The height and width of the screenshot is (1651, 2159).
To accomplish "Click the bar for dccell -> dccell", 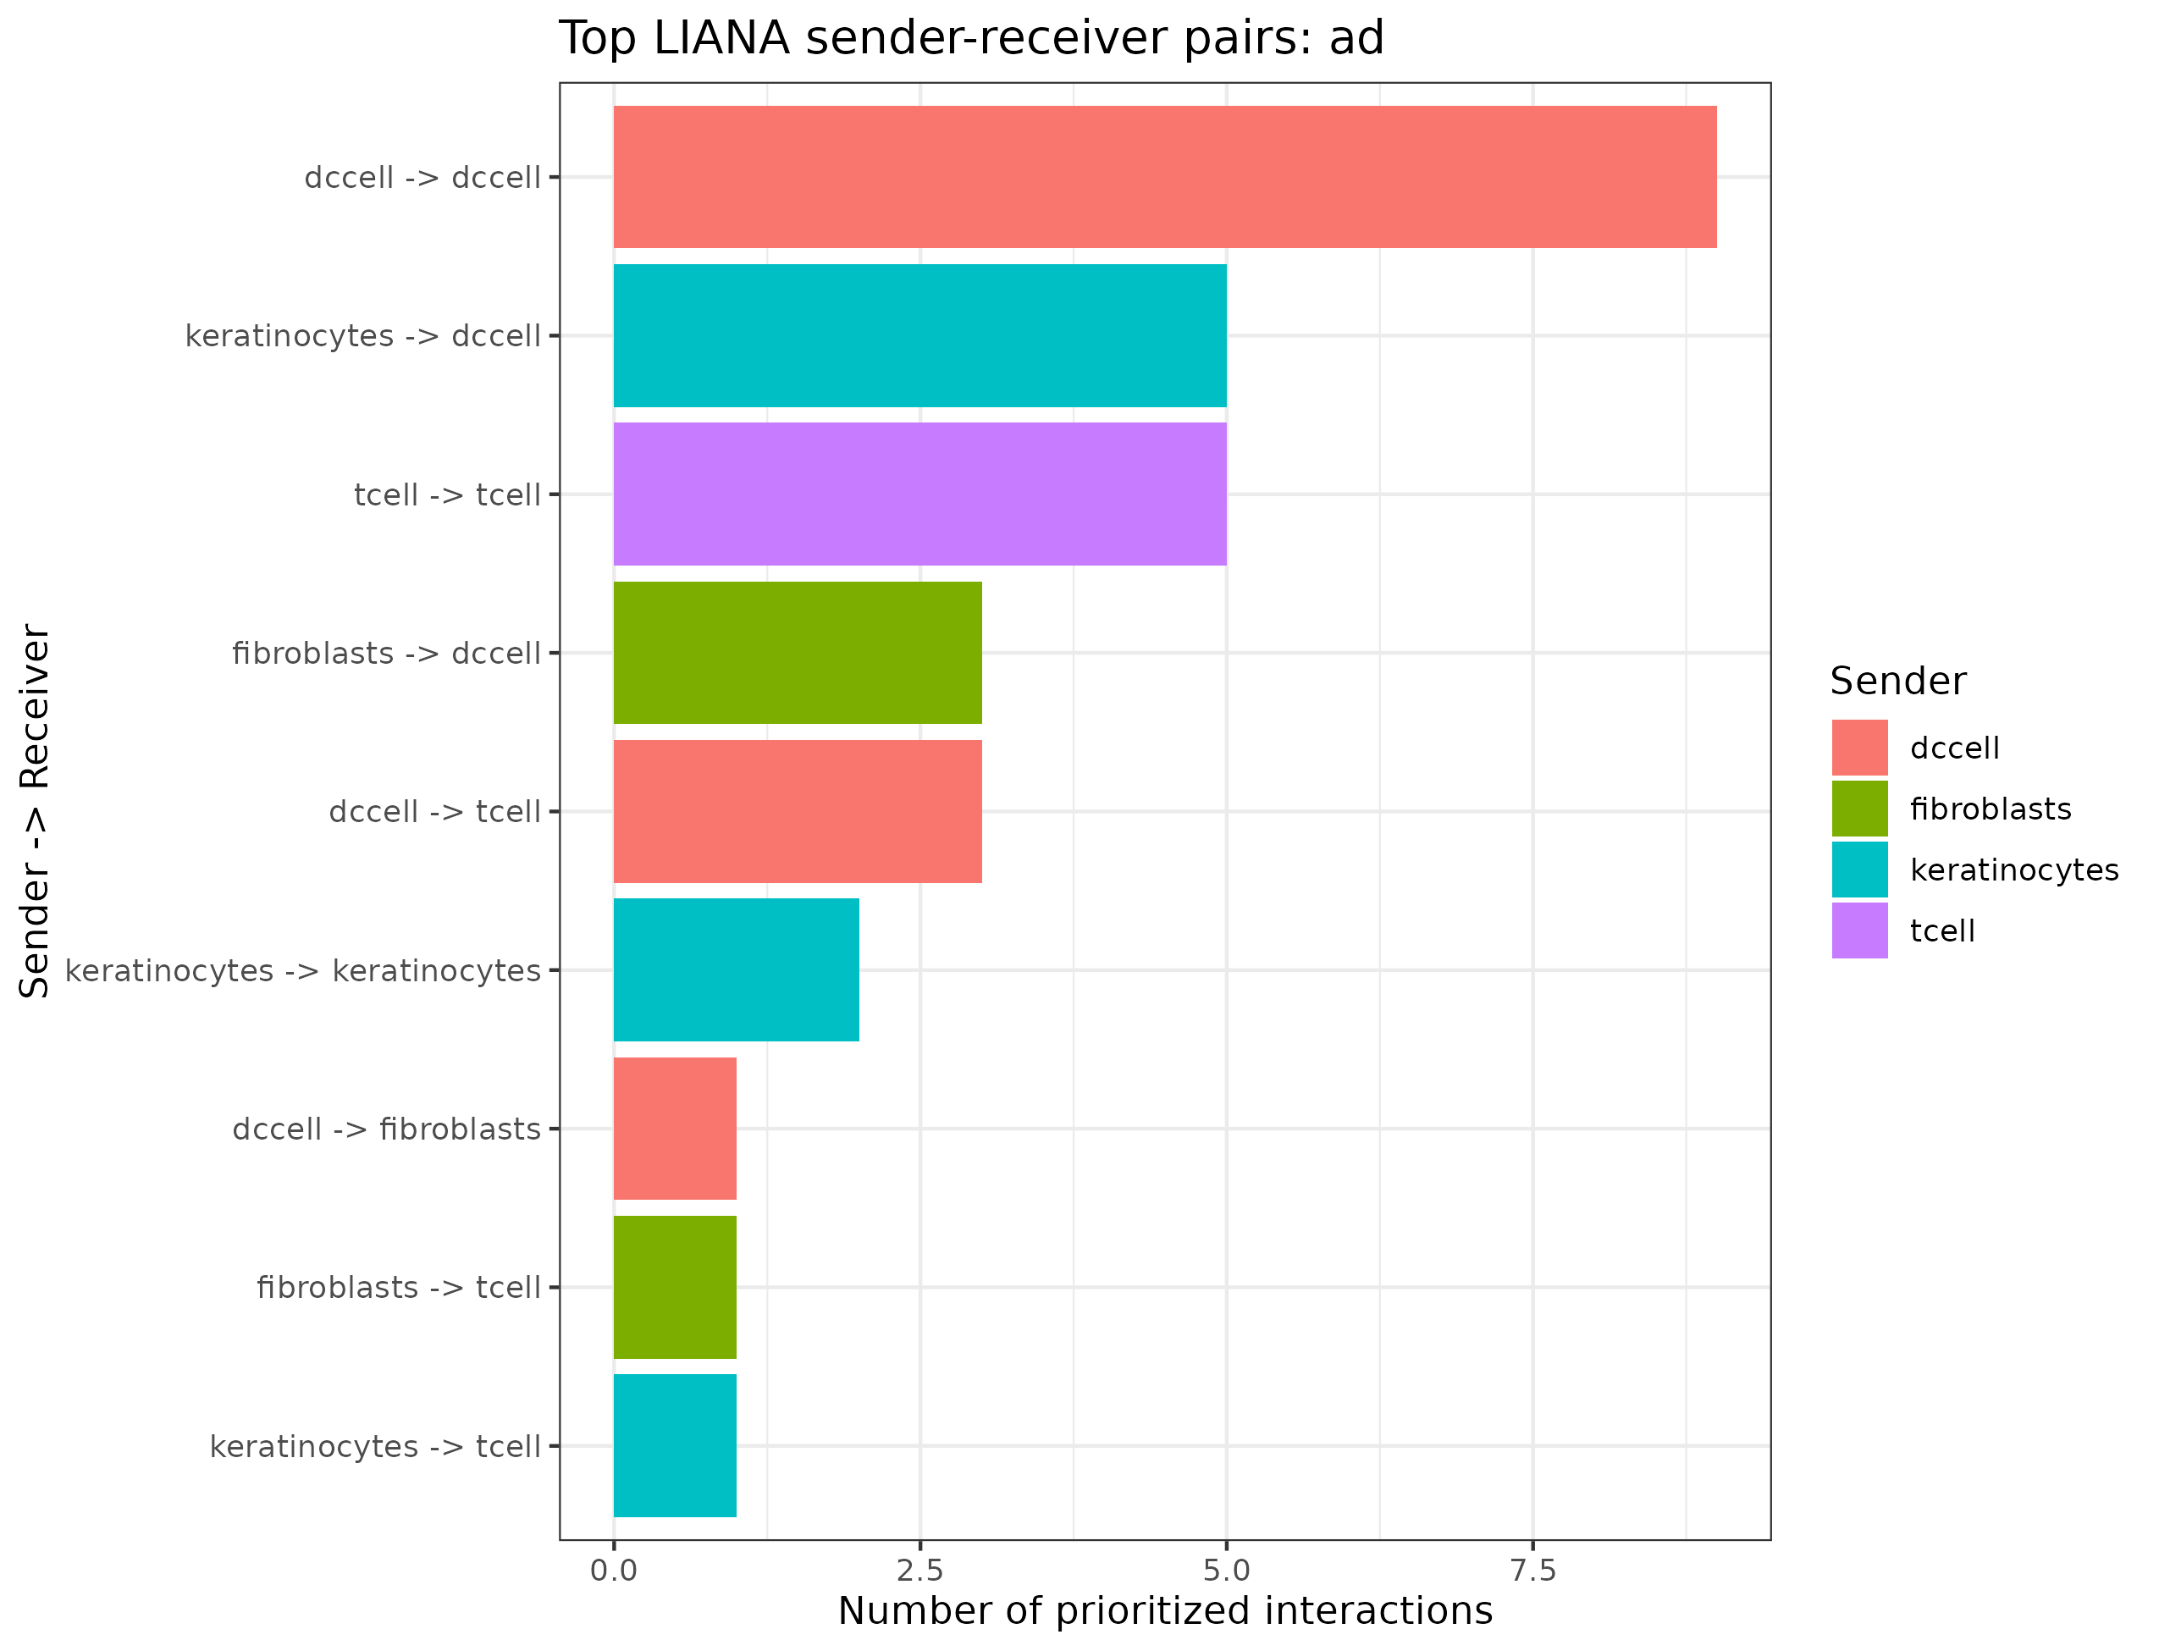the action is [x=1164, y=177].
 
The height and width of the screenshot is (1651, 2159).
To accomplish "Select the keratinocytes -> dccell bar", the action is [x=919, y=335].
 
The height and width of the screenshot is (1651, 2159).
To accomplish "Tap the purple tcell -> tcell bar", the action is [x=919, y=494].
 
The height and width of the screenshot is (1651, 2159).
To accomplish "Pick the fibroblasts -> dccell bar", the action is [x=797, y=653].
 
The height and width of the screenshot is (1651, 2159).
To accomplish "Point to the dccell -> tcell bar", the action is [x=797, y=812].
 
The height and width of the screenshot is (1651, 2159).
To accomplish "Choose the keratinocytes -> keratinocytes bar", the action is [x=736, y=970].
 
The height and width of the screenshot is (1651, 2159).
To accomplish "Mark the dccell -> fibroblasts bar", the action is [x=675, y=1128].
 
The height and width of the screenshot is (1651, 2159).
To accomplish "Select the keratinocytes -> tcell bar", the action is [x=675, y=1445].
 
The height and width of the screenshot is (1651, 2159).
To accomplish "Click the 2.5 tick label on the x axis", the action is [x=919, y=1571].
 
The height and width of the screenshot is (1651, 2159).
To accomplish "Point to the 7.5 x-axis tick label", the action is [x=1533, y=1571].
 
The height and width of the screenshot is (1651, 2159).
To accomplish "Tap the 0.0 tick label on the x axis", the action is [x=613, y=1571].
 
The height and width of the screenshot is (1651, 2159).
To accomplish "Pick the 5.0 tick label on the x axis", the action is [x=1227, y=1571].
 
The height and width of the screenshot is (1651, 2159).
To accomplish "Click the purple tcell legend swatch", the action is [x=1859, y=930].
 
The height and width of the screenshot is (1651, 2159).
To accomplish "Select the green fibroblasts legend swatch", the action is [x=1859, y=809].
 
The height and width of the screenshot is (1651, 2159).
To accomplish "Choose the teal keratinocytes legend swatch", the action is [x=1859, y=870].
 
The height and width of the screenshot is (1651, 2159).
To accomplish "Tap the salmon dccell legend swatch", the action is [x=1859, y=748].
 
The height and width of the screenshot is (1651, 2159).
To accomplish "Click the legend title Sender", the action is [x=1897, y=681].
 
